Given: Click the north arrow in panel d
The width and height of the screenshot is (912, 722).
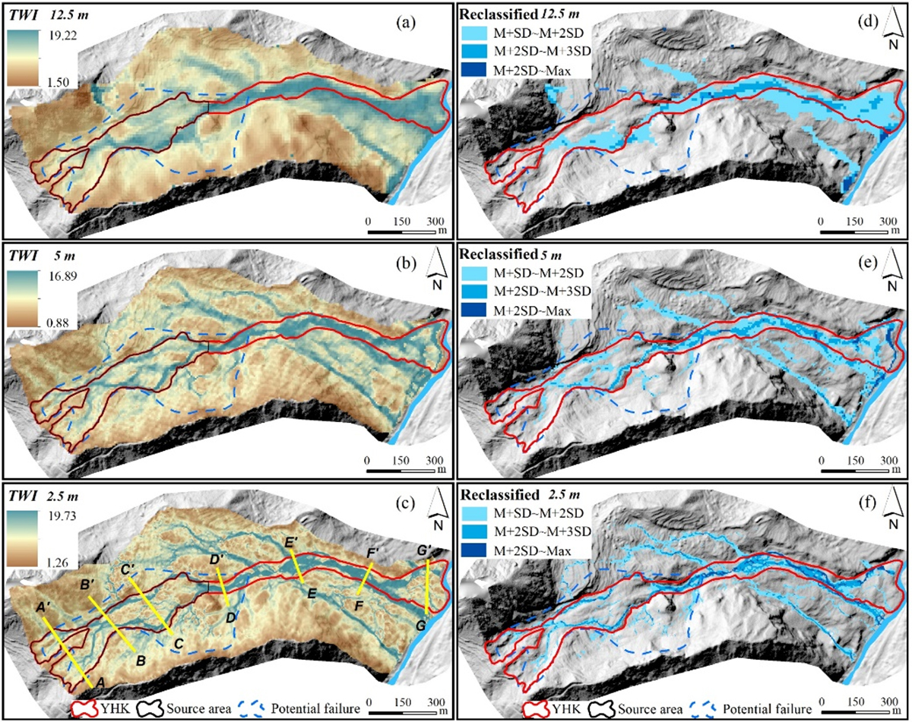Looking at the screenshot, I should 875,34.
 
